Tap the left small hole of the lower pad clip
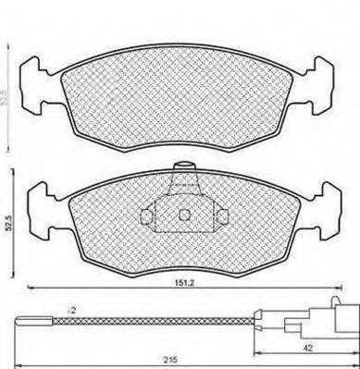tap(146, 216)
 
